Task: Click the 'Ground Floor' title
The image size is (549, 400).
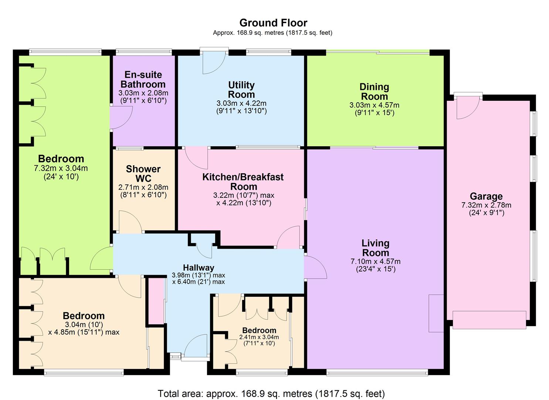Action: point(273,23)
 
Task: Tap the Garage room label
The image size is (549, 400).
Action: point(486,196)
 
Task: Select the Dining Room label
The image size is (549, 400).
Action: point(374,91)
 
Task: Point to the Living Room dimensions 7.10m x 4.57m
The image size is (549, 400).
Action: point(375,261)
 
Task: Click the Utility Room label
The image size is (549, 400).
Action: point(241,90)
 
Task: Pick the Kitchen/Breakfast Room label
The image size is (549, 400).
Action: point(243,181)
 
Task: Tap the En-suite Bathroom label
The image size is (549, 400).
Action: point(143,79)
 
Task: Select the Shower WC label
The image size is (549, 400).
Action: point(143,173)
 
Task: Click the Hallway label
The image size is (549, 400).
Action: point(199,267)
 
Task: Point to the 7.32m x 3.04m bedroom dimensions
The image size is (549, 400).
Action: point(61,168)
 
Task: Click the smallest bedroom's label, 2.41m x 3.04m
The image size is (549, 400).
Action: point(259,330)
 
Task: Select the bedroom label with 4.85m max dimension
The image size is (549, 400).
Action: point(84,316)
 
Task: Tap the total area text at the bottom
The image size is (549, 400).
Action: point(271,393)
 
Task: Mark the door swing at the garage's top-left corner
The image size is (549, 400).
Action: point(467,109)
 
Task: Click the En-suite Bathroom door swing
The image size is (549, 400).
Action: point(121,117)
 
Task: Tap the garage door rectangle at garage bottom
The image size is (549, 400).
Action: point(489,320)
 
